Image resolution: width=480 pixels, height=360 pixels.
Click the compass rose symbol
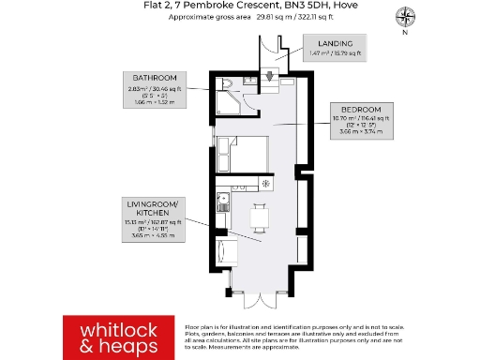[405, 15]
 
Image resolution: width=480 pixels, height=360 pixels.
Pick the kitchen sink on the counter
[223, 199]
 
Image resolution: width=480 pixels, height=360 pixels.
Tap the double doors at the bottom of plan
[259, 299]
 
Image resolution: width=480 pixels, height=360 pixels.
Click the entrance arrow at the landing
[269, 76]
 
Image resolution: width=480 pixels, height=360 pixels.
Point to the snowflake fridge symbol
[266, 184]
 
